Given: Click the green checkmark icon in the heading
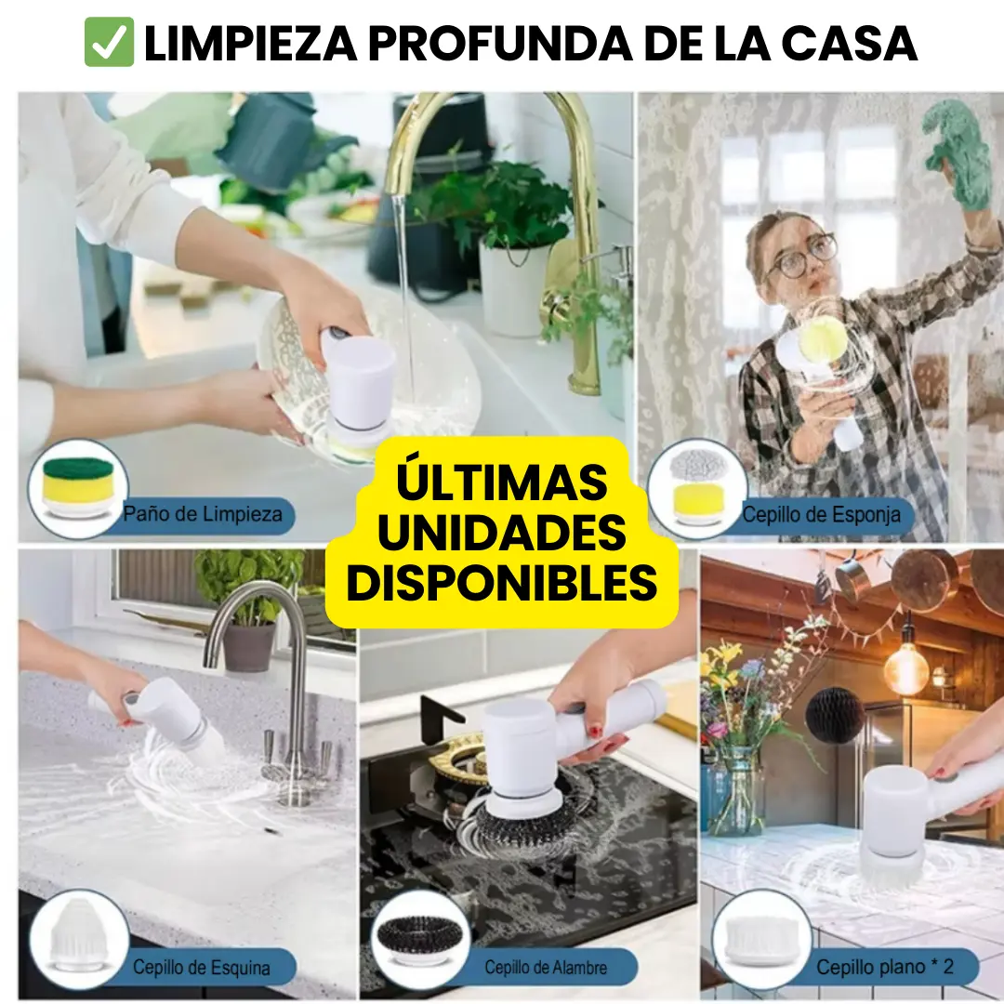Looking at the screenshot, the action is (109, 42).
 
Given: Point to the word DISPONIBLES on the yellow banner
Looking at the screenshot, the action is (501, 582).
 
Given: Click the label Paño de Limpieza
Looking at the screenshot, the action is (203, 514).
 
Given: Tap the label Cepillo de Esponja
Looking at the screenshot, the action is (821, 515).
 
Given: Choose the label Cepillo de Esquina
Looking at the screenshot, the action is (201, 968).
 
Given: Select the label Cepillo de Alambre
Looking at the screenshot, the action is (546, 968).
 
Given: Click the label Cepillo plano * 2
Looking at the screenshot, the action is (885, 967).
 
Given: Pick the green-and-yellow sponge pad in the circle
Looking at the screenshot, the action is (77, 485).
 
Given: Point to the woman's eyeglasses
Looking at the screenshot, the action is (801, 257).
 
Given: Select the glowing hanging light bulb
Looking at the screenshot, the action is (906, 667).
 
